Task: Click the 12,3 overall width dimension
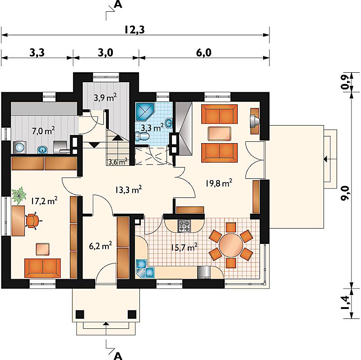pos(134,30)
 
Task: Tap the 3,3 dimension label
pos(37,53)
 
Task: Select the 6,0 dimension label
pos(204,53)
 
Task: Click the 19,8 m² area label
pos(219,183)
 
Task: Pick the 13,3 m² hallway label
pos(128,190)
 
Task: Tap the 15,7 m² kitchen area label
pos(184,248)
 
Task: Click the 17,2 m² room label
pos(44,201)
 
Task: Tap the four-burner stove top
pos(184,226)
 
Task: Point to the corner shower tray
pos(145,112)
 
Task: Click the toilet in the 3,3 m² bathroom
pos(142,136)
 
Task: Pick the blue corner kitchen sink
pos(145,269)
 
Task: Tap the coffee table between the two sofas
pos(219,133)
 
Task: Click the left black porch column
pos(80,314)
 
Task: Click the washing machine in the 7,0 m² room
pos(20,147)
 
